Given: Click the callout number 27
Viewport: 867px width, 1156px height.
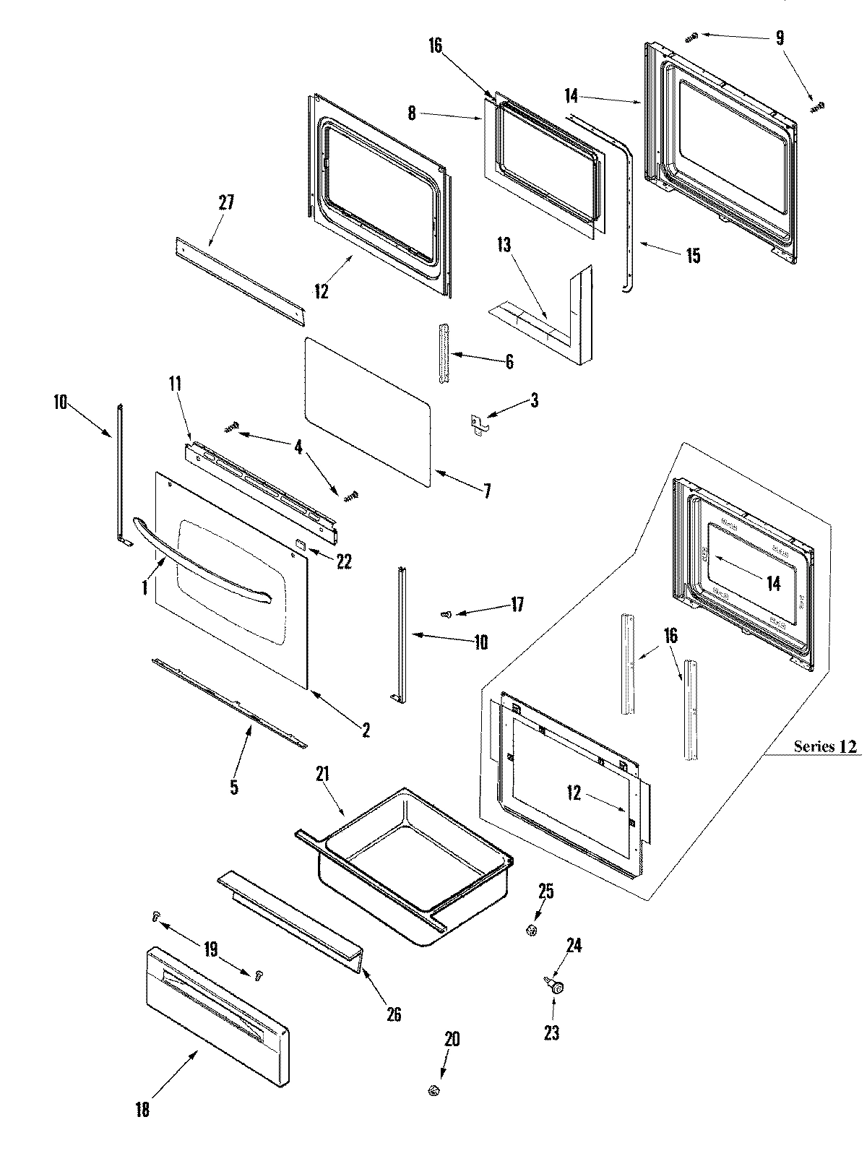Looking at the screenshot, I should click(x=226, y=202).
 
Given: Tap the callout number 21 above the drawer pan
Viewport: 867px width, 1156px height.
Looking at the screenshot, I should click(x=322, y=775).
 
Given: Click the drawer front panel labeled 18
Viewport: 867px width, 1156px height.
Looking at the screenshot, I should click(x=217, y=1012).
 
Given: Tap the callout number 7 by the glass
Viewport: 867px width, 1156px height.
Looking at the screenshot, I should click(x=487, y=492).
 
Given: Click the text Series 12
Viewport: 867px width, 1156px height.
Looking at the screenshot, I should click(x=826, y=746).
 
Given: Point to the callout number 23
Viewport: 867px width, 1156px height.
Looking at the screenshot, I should click(x=551, y=1033).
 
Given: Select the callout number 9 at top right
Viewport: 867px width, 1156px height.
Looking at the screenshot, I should click(x=780, y=38).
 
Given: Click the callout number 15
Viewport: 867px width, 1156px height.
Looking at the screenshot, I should click(x=693, y=256).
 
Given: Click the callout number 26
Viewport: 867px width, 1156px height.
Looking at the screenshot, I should click(x=394, y=1014).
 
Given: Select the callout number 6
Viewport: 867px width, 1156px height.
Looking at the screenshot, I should click(x=509, y=362).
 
